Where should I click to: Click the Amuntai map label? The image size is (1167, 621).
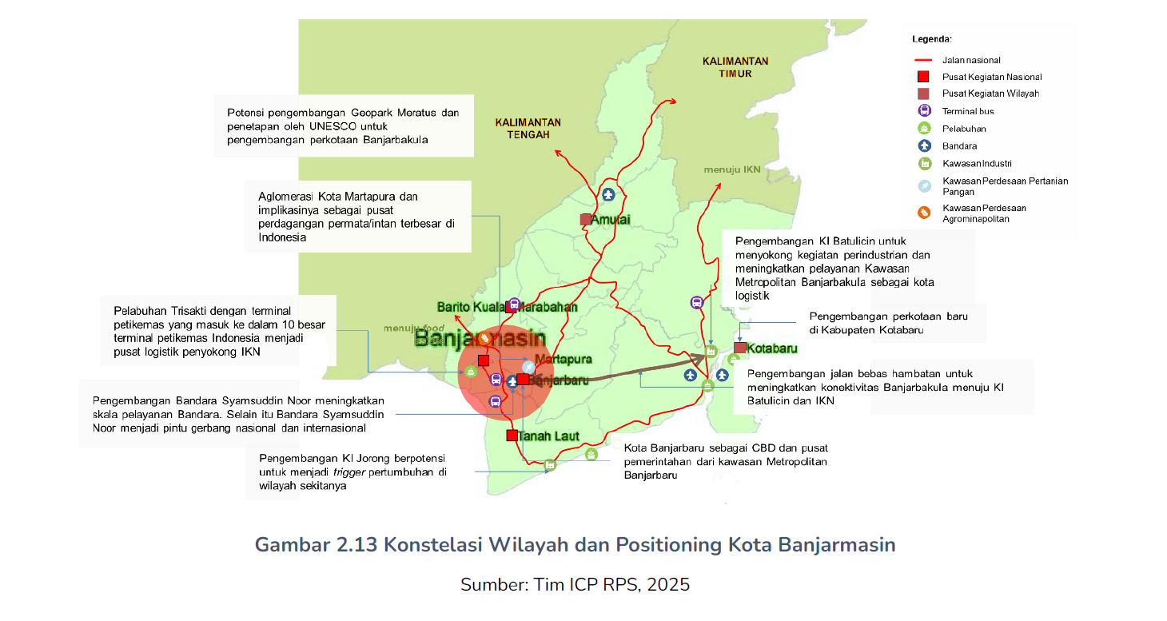coord(611,220)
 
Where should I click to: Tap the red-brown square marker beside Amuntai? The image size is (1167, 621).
coord(586,219)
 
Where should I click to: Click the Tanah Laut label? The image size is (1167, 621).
coord(548,436)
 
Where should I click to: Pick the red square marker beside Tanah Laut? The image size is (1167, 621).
coord(512,436)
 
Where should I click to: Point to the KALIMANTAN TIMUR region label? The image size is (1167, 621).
coord(735,67)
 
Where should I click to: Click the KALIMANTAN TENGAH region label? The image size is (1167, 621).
coord(528,129)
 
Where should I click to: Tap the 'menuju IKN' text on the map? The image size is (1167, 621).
coord(731,169)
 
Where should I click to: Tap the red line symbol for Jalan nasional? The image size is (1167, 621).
coord(924,60)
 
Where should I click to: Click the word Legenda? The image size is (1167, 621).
coord(932,38)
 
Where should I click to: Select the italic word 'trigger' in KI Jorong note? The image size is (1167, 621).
coord(350,472)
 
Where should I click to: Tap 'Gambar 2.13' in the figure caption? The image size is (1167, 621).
coord(315,545)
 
